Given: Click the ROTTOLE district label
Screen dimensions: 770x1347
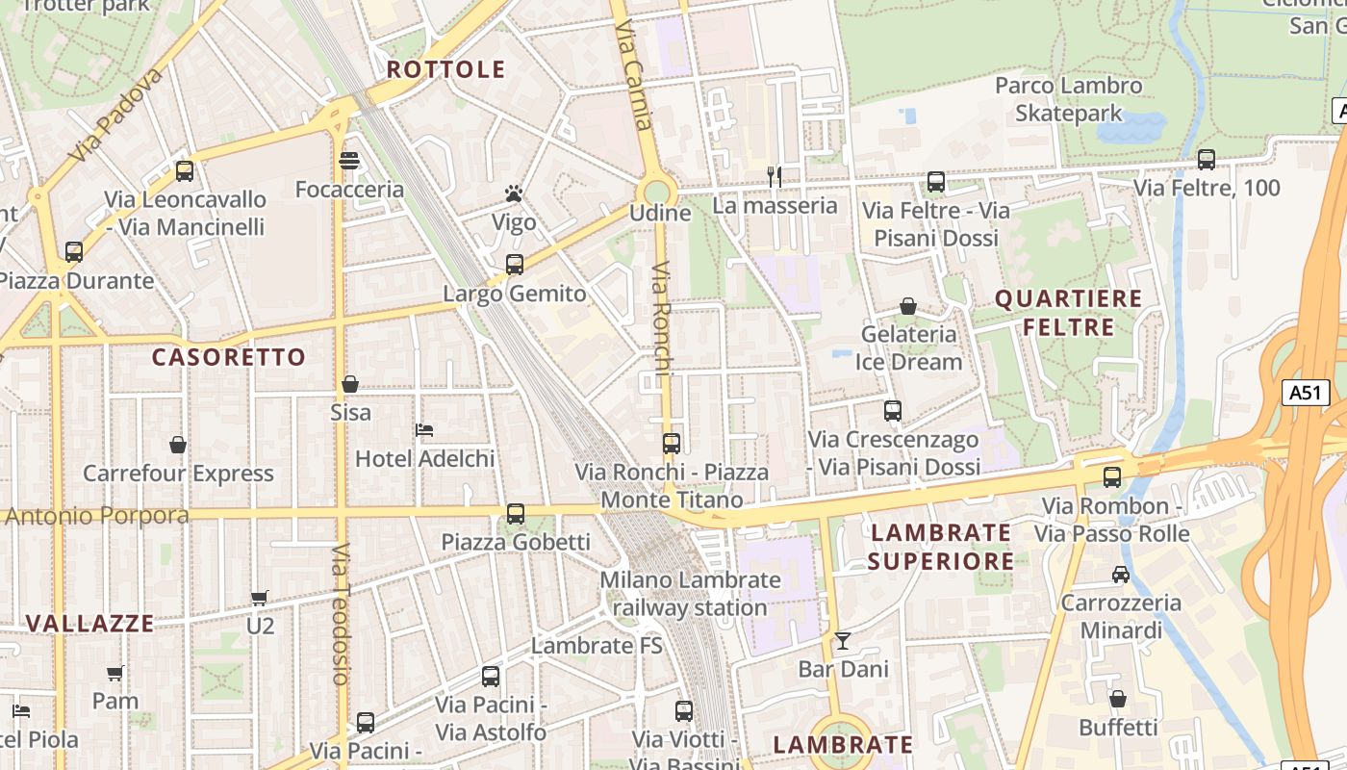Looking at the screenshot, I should [x=445, y=69].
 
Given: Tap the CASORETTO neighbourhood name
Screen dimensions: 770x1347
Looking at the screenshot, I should [x=229, y=357].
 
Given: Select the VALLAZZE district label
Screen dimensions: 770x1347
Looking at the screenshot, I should [x=89, y=624].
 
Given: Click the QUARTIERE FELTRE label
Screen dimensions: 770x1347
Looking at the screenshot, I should [x=1068, y=313].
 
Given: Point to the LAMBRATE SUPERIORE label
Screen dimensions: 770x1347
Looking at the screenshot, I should [x=941, y=547].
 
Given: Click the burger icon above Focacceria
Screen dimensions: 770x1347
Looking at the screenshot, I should [x=349, y=161].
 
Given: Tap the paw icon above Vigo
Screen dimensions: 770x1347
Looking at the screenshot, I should [x=514, y=194].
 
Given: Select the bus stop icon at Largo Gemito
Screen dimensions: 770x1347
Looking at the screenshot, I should [x=515, y=265].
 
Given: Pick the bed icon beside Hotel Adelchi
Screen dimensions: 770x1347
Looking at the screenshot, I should [x=424, y=429].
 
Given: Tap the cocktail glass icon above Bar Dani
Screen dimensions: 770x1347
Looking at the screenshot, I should [x=843, y=640].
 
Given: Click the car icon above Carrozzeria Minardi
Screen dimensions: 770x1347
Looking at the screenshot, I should [x=1120, y=575].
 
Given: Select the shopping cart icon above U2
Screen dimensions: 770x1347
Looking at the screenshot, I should [x=259, y=598].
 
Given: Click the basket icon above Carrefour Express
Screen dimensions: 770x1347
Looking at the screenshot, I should [x=178, y=445].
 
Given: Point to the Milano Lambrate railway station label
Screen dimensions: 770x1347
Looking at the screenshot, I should [x=690, y=594].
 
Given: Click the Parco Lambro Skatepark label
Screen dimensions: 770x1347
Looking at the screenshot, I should [x=1069, y=99].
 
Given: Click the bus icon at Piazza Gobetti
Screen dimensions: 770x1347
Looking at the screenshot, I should [x=516, y=514].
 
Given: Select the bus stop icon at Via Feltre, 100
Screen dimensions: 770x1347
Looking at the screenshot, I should [x=1206, y=160].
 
